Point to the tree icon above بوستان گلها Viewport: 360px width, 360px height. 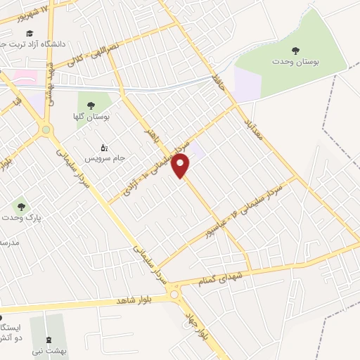click(x=91, y=105)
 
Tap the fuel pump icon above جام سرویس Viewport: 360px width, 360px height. click(x=104, y=147)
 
